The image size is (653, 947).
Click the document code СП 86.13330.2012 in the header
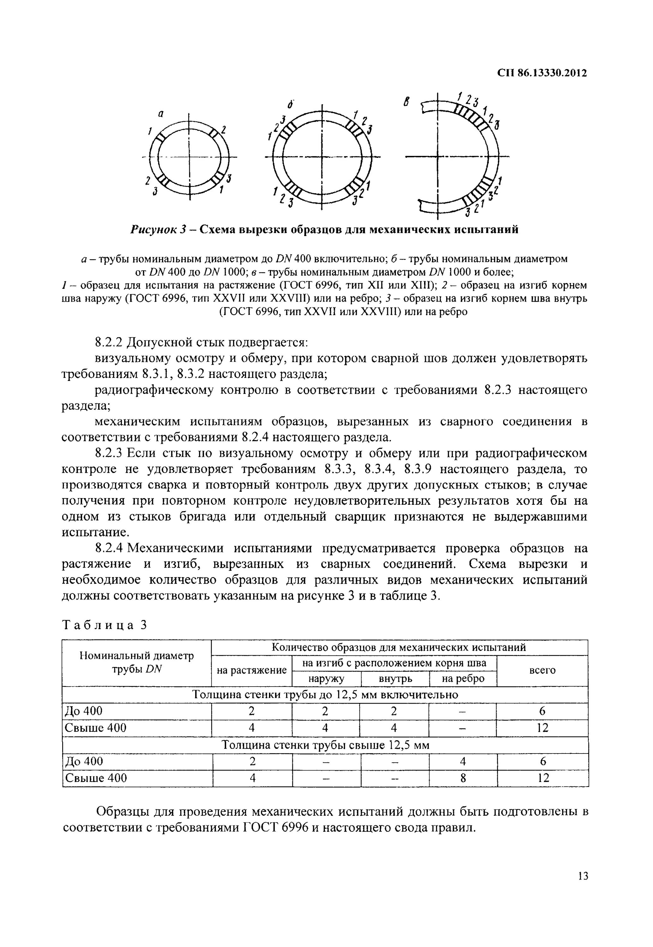(542, 73)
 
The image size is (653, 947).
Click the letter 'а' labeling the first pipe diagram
(161, 115)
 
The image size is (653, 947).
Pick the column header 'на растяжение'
(252, 670)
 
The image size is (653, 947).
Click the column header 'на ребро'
(463, 679)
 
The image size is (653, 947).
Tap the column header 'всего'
(542, 670)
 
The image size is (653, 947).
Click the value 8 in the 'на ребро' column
(463, 778)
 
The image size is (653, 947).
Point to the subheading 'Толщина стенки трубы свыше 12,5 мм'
(325, 745)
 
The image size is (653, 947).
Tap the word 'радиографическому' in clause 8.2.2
(154, 390)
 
